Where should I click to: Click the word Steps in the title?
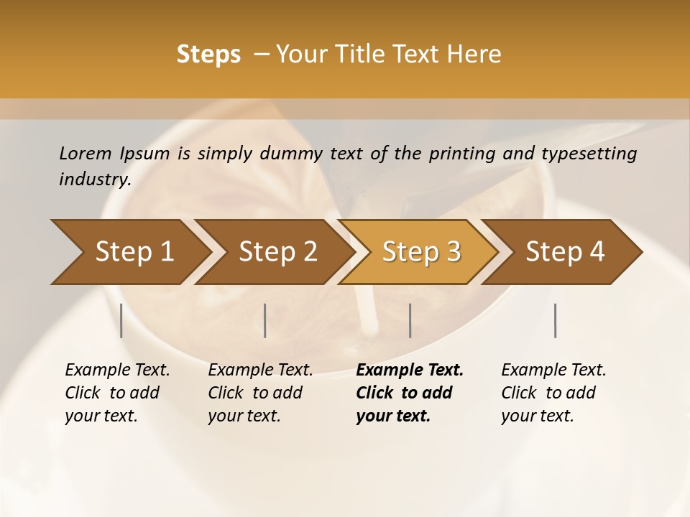point(208,55)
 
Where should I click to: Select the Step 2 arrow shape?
point(275,252)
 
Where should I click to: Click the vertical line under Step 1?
point(121,320)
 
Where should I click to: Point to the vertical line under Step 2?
point(265,320)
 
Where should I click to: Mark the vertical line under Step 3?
point(410,320)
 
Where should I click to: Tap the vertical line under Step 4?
point(556,320)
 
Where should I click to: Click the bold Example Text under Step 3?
point(410,371)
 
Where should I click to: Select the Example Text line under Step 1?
point(117,371)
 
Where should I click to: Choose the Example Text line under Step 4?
point(553,371)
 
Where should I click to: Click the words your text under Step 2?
point(244,416)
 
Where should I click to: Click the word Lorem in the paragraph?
point(86,154)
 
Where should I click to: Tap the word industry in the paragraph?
point(94,180)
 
